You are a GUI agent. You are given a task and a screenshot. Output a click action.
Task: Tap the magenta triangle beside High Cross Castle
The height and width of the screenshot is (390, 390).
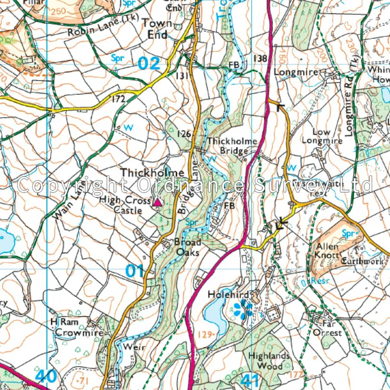(x=157, y=202)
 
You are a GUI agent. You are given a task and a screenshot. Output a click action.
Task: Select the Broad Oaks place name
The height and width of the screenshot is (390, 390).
(x=187, y=247)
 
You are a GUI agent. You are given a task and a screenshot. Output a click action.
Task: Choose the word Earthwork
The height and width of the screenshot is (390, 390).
(x=363, y=262)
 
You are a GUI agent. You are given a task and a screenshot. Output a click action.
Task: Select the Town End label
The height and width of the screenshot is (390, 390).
(x=157, y=29)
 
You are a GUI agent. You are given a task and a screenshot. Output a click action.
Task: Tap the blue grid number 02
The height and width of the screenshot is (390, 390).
(x=148, y=63)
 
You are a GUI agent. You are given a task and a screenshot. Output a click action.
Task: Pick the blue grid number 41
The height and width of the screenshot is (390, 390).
(x=249, y=379)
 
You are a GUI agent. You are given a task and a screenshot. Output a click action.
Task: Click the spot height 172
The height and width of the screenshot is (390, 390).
(x=118, y=99)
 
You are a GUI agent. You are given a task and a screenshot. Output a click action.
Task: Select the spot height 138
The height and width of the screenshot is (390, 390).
(x=260, y=58)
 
